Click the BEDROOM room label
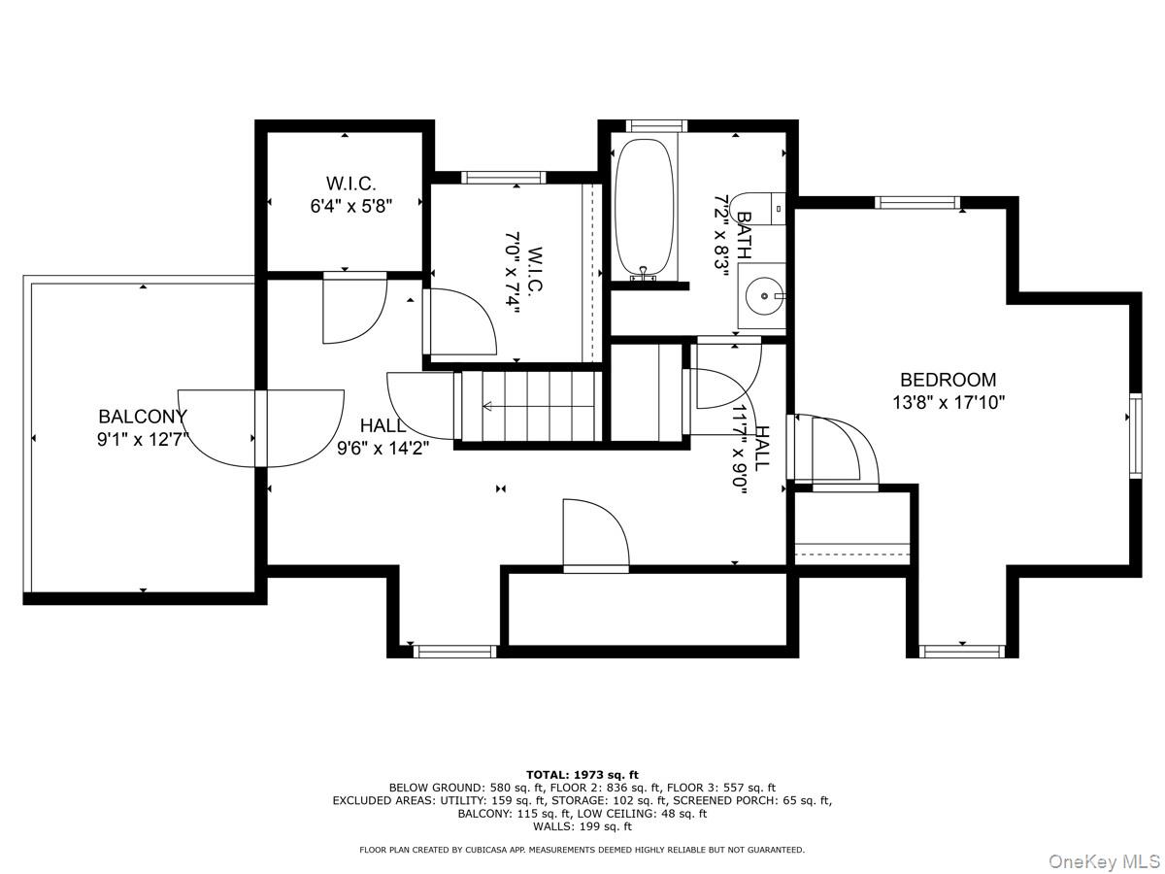(x=948, y=380)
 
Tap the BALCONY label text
(x=143, y=417)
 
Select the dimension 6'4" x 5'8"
(x=350, y=206)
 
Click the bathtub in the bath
(x=645, y=209)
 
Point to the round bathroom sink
(x=764, y=296)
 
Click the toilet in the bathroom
(x=757, y=209)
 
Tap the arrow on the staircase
(x=538, y=407)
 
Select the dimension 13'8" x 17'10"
(x=949, y=403)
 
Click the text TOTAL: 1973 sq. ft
(x=582, y=775)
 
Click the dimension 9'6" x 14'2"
(x=383, y=449)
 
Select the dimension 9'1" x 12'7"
(x=143, y=440)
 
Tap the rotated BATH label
(x=745, y=235)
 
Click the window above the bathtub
(x=656, y=126)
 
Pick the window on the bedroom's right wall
(x=1135, y=436)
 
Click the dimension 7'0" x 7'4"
(x=512, y=272)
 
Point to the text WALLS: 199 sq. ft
(x=582, y=826)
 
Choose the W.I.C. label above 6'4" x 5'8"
(x=350, y=184)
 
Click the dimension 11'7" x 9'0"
(x=741, y=450)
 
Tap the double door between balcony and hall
(x=260, y=429)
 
